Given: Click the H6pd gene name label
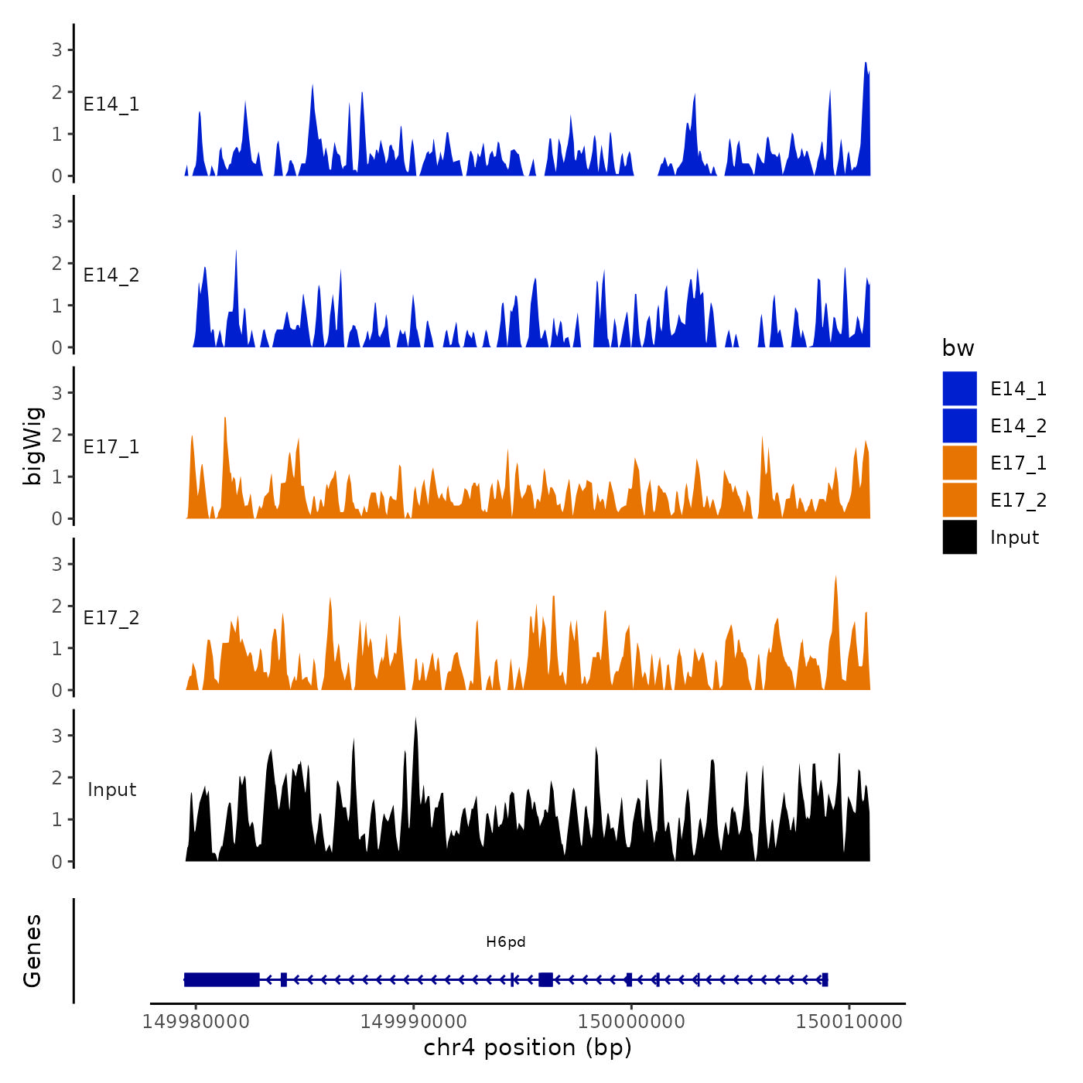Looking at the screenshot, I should [506, 941].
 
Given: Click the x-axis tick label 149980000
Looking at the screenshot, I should [196, 1021].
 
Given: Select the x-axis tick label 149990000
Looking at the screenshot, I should [413, 1021].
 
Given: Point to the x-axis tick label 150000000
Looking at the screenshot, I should [631, 1021].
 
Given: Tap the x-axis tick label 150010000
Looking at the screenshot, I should [849, 1021].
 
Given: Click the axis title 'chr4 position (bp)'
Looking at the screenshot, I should [528, 1047].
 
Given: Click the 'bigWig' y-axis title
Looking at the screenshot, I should [33, 446].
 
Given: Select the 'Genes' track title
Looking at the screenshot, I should [32, 951].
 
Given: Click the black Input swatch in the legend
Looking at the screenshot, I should [959, 537].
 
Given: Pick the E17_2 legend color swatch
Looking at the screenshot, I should [959, 500].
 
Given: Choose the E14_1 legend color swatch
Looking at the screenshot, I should [959, 388].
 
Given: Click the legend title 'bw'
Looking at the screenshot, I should [958, 348].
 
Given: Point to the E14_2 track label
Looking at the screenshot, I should [111, 275].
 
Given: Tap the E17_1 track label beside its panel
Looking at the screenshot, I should [111, 447].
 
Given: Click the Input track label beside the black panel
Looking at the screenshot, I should [111, 790].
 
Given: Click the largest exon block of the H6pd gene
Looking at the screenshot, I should [221, 979].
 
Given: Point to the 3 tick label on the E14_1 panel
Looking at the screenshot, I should [56, 50].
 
